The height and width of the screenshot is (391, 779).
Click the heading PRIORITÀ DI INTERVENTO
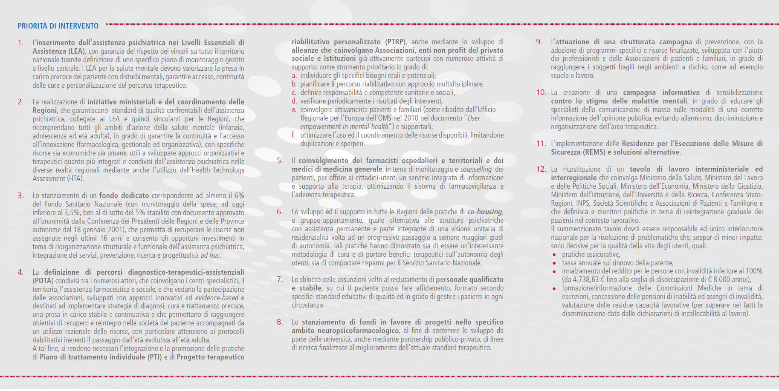58,26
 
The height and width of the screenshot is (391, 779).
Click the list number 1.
20,43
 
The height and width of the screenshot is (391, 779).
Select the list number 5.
280,161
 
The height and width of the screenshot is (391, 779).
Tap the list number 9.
539,42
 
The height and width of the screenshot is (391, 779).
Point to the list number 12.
541,169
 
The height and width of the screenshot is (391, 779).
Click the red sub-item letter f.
293,135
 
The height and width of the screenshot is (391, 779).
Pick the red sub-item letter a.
294,76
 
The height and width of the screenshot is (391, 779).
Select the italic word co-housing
485,212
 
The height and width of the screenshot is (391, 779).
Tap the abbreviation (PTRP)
396,42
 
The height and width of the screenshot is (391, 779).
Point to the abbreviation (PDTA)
43,281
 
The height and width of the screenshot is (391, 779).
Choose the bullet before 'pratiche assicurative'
554,255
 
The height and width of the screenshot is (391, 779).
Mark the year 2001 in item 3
117,230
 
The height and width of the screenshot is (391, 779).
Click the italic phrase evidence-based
217,298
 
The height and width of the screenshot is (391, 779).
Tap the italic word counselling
476,169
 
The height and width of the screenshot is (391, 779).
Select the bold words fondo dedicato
124,195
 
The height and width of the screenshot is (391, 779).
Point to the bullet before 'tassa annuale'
554,264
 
